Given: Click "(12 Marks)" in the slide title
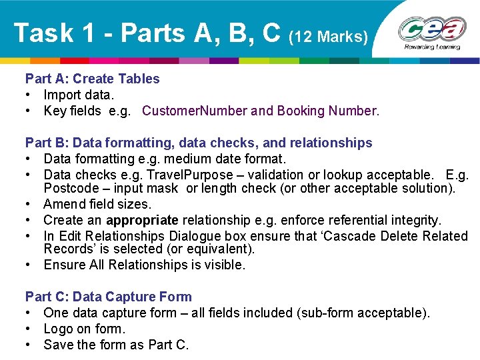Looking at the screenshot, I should click(328, 36).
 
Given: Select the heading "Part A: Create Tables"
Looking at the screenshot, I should click(92, 79).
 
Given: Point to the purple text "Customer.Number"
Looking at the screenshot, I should click(195, 111).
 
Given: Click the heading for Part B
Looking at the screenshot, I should click(199, 143).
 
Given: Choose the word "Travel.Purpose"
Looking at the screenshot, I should click(178, 175).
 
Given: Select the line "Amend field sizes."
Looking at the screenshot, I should click(97, 204).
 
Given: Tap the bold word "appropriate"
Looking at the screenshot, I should click(142, 220).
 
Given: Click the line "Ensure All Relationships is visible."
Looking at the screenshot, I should click(144, 265).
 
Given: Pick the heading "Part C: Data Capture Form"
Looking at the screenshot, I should click(108, 297).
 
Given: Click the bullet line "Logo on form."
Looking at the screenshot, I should click(84, 329).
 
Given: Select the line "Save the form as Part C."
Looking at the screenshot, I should click(116, 345).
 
